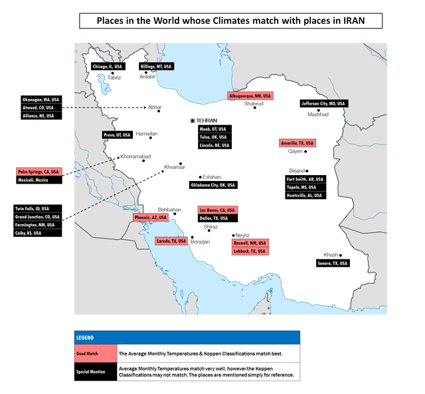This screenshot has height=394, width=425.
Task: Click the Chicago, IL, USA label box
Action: [107, 66]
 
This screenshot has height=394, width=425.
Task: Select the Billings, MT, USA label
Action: [156, 66]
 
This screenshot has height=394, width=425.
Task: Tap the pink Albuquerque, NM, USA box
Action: [249, 96]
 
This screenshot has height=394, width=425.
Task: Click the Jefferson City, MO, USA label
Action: [323, 103]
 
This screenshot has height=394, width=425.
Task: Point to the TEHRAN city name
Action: [207, 119]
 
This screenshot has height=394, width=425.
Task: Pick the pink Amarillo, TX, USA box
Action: [297, 143]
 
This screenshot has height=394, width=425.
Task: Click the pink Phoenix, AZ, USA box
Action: [149, 217]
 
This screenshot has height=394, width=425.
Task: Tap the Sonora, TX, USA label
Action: [332, 263]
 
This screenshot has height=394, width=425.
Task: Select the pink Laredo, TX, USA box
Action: [171, 241]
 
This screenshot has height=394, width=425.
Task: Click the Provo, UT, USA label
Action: [117, 135]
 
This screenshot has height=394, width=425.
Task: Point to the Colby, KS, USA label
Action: [38, 232]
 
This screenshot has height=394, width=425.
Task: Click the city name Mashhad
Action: [317, 114]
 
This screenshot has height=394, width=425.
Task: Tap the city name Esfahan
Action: [211, 177]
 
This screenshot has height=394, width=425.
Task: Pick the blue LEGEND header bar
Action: [187, 337]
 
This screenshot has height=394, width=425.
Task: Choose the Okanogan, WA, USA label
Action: [38, 99]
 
